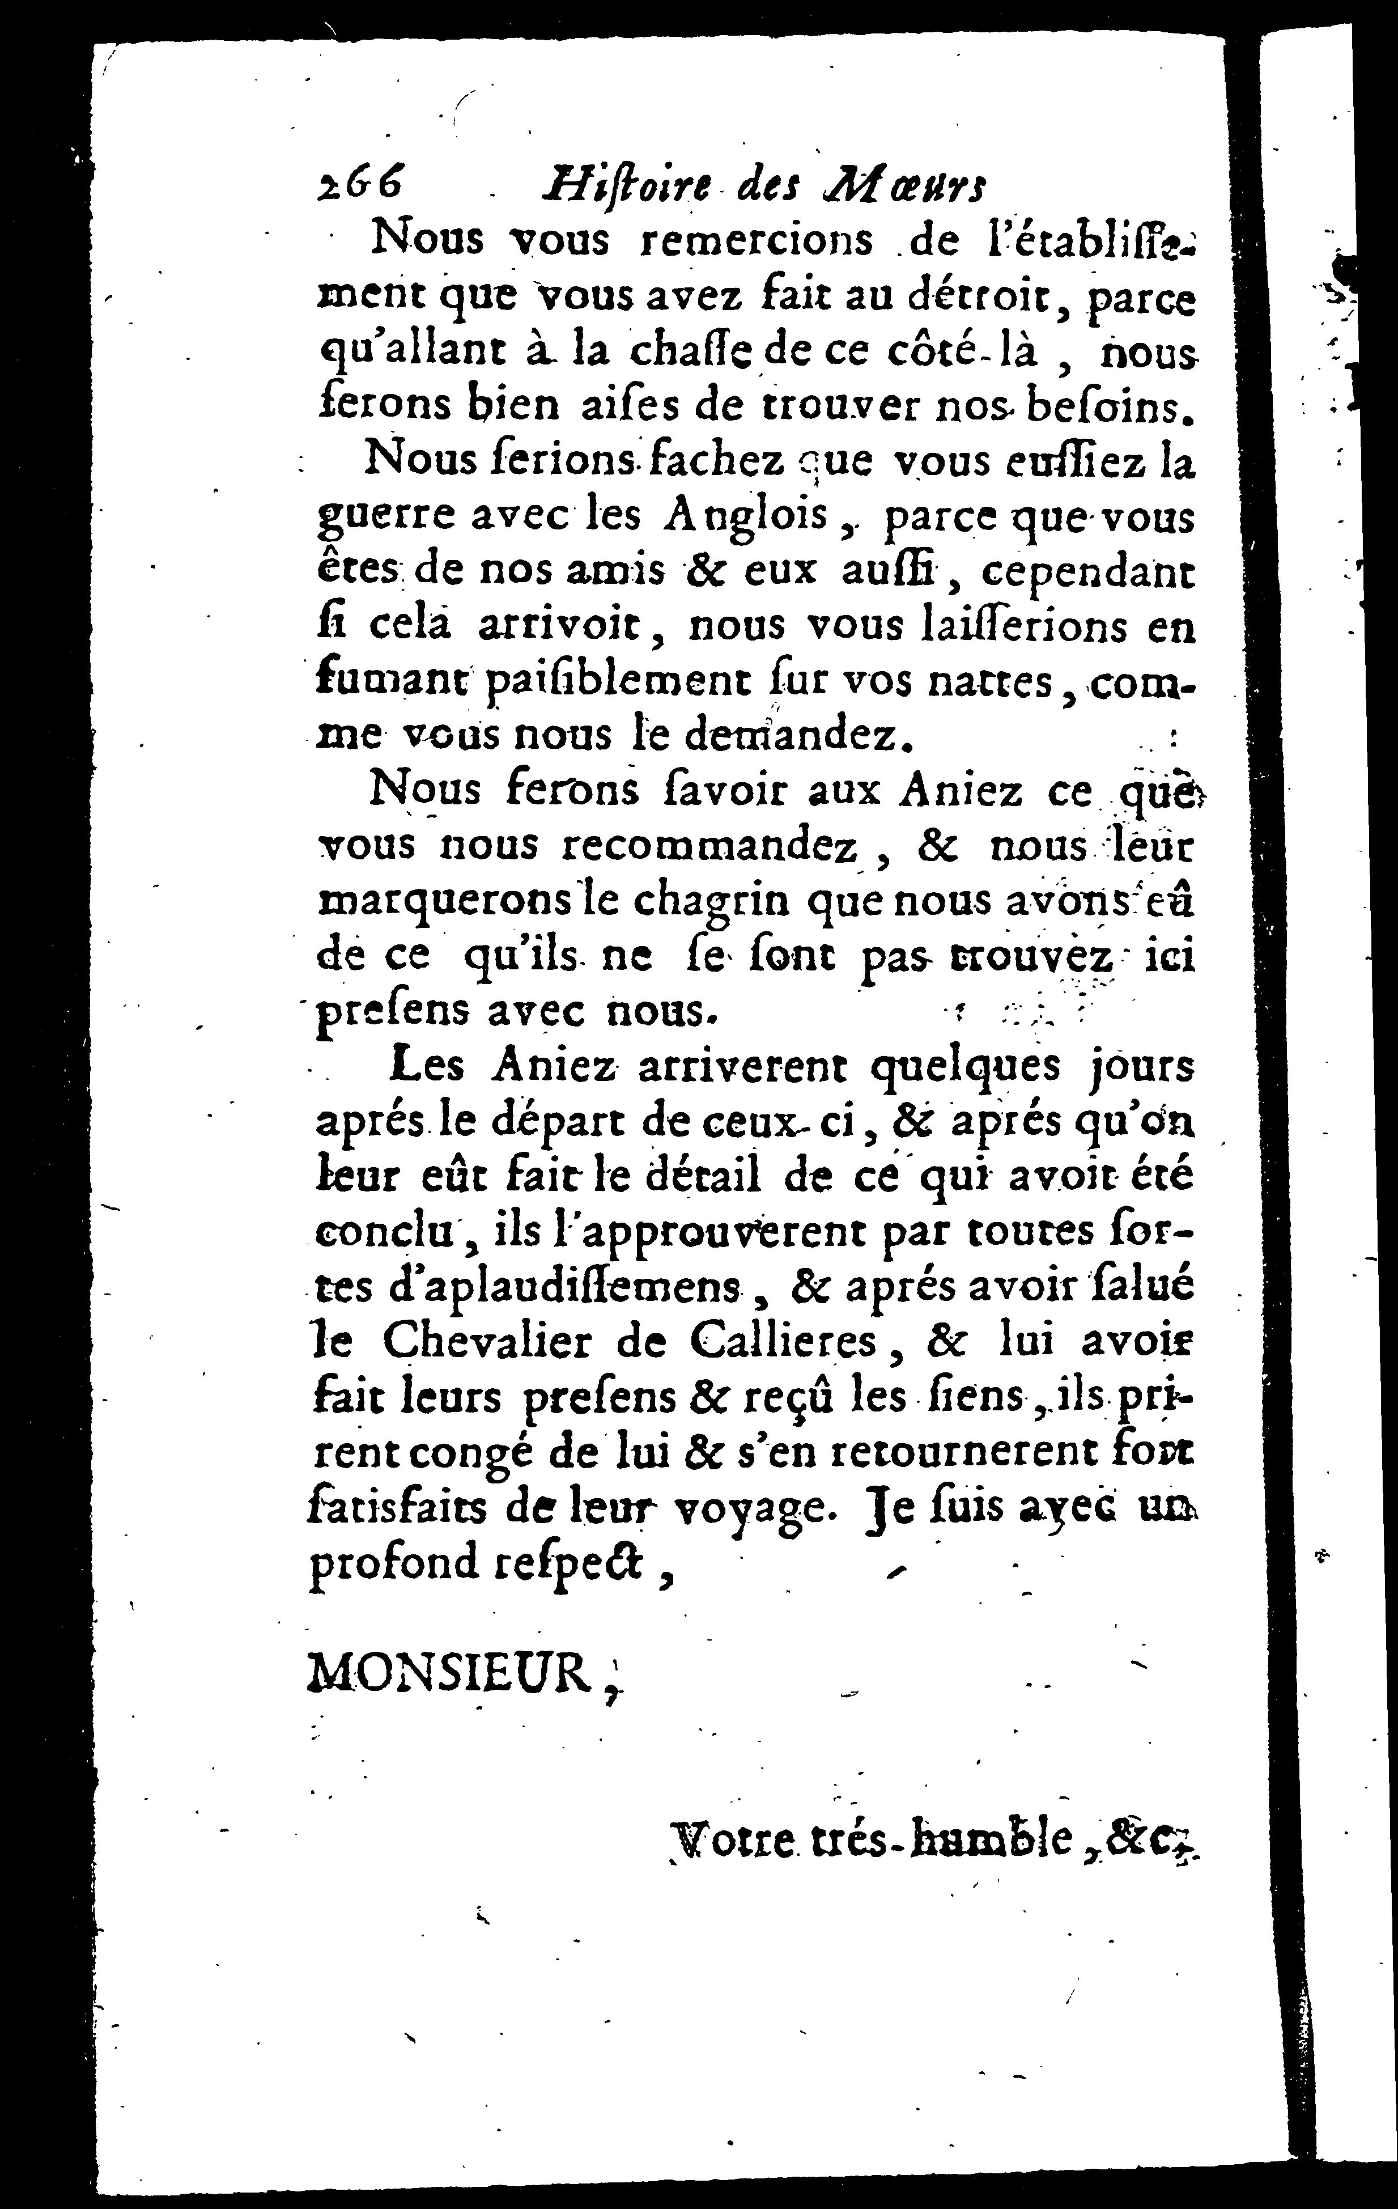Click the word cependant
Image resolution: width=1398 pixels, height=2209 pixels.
(1088, 573)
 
